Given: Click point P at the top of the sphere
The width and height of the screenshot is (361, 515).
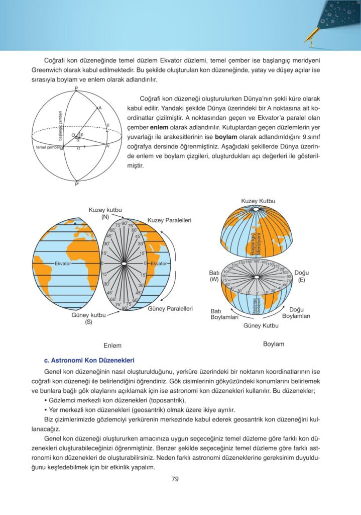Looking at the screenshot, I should [x=76, y=89].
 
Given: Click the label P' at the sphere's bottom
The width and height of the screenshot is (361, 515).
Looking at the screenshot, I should [x=77, y=185].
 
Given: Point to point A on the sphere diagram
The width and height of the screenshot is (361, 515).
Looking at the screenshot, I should [x=99, y=108].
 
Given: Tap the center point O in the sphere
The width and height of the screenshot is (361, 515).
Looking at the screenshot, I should [x=73, y=135].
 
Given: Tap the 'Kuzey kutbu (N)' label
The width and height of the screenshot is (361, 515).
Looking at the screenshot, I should [x=105, y=213].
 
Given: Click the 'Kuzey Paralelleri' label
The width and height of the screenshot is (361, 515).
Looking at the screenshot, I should [x=169, y=220].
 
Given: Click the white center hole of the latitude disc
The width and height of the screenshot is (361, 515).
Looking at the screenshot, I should [x=124, y=263].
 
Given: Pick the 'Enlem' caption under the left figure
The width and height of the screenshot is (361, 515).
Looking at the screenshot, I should [x=112, y=346].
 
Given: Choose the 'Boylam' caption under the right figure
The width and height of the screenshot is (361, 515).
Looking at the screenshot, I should [x=274, y=344].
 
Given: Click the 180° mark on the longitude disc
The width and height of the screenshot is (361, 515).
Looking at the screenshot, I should [x=256, y=262].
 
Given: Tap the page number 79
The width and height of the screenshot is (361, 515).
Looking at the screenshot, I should [x=175, y=479].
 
